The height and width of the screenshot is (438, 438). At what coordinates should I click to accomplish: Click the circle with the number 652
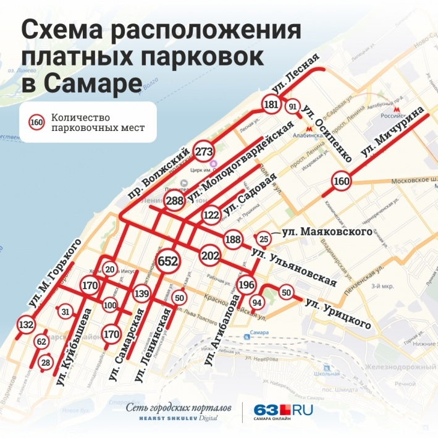[168, 262]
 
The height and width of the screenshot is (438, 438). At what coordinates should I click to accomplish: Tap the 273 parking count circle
[204, 151]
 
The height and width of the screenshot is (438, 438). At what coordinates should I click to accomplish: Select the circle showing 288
[175, 201]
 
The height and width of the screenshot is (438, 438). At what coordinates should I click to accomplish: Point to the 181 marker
[271, 105]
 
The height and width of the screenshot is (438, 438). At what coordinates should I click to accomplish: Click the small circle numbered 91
[293, 107]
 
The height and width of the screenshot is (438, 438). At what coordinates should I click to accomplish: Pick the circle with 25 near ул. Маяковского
[264, 238]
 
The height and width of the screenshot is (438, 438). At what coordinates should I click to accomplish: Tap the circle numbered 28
[45, 362]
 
